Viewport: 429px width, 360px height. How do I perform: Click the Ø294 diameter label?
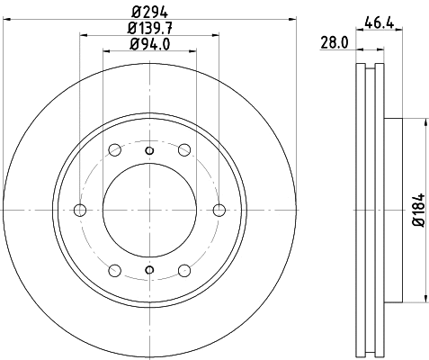click(x=150, y=13)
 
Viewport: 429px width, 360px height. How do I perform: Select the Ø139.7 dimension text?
click(x=150, y=28)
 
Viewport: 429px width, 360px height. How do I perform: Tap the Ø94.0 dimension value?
click(x=150, y=44)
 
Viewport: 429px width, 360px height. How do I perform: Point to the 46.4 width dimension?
click(x=379, y=22)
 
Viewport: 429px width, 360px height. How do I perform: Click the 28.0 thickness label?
click(x=335, y=42)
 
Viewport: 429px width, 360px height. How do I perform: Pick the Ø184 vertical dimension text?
click(x=419, y=210)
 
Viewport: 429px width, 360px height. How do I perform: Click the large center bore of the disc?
click(x=149, y=210)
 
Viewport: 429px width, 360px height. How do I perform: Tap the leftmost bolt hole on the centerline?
click(x=80, y=210)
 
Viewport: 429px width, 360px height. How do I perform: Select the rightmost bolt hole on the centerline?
click(x=219, y=210)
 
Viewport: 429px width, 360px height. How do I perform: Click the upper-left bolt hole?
click(x=115, y=149)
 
